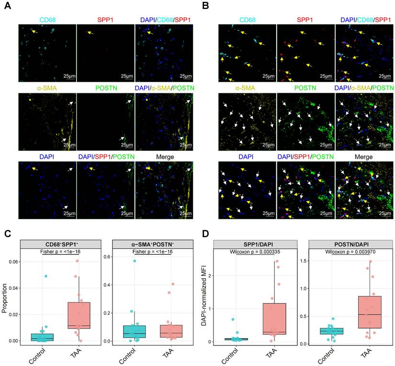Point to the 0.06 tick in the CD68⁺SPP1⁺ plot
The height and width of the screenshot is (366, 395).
14,262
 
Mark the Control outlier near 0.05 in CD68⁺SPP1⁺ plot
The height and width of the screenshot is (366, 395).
45,276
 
